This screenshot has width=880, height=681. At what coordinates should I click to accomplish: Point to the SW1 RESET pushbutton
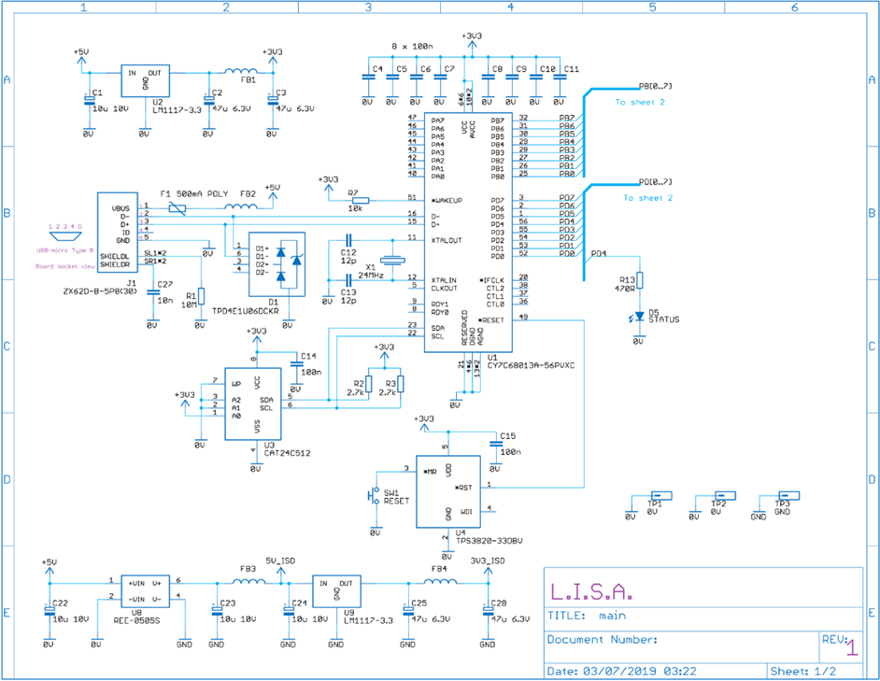(376, 494)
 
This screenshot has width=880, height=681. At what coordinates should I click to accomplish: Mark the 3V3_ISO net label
(487, 561)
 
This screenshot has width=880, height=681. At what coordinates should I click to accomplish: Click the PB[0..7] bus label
(655, 86)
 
